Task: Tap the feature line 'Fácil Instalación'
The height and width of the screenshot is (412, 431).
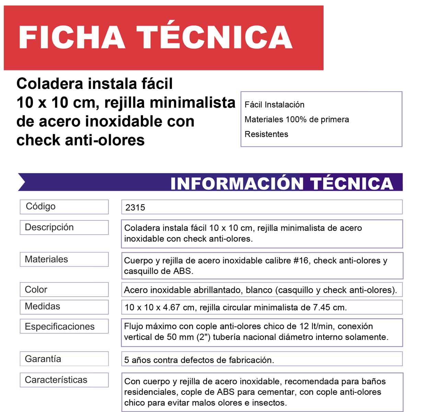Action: pos(274,105)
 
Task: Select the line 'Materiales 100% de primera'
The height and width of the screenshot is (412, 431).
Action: pos(296,119)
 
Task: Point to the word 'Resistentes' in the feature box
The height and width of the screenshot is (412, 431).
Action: pos(266,134)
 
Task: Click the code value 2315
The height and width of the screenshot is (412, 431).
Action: pos(135,207)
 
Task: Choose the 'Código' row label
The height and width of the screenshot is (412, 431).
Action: pos(40,206)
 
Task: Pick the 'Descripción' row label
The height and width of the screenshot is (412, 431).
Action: pos(49,227)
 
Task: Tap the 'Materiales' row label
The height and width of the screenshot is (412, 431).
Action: pos(46,259)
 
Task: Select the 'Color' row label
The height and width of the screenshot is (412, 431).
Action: pos(36,289)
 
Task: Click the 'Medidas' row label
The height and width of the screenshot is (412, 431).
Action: pos(42,306)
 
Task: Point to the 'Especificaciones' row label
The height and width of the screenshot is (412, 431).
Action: pos(59,327)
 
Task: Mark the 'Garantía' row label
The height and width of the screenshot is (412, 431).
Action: pos(43,359)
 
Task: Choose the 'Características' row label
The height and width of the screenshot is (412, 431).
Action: pos(56,380)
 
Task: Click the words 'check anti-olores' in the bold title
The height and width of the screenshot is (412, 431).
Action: pos(80,140)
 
